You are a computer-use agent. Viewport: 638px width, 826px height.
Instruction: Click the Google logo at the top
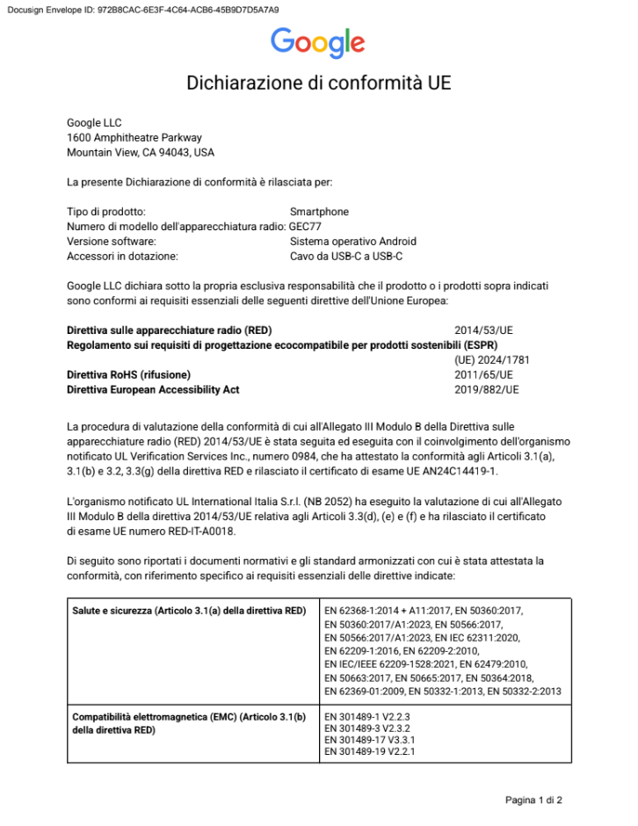[x=317, y=42]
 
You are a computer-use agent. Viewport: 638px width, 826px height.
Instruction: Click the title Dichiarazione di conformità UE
[x=318, y=83]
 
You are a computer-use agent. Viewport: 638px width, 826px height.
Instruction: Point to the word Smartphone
[x=319, y=212]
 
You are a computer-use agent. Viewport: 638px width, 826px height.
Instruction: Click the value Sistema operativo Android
[x=352, y=242]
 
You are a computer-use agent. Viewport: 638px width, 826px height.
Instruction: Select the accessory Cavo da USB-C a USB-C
[x=345, y=257]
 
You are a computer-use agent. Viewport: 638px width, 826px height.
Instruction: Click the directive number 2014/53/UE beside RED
[x=483, y=330]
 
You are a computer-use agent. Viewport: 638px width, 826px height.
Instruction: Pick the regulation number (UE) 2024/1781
[x=491, y=360]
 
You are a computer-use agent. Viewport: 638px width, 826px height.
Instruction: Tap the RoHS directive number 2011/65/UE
[x=483, y=374]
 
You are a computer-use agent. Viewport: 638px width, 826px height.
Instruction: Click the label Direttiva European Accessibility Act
[x=153, y=389]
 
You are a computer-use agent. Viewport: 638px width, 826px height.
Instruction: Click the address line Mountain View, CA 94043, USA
[x=141, y=152]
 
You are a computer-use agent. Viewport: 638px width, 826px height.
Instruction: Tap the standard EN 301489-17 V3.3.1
[x=370, y=741]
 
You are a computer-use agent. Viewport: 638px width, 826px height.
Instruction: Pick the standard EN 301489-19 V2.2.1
[x=370, y=752]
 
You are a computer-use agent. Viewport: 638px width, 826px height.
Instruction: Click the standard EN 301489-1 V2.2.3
[x=367, y=717]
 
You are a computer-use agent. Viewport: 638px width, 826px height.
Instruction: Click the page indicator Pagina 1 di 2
[x=533, y=801]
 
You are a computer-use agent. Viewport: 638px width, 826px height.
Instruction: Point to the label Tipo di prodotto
[x=106, y=212]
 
